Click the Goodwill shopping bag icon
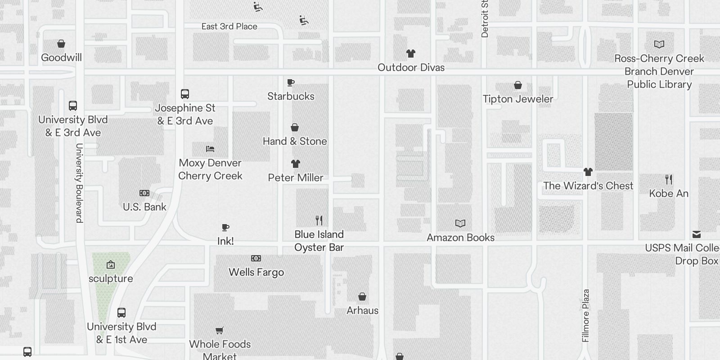61,44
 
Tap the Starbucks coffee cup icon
291,82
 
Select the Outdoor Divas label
411,67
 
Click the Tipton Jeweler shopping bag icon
518,85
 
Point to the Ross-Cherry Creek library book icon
659,44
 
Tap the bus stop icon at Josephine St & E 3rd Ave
185,94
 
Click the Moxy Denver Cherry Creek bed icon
210,149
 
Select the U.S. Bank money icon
144,193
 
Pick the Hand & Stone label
295,141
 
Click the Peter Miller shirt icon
295,164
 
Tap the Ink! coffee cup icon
225,227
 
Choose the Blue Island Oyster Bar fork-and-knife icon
319,220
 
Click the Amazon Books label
460,238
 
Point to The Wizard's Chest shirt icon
588,172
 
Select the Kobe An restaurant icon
669,180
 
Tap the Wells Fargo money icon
256,258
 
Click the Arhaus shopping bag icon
362,297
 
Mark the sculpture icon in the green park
111,265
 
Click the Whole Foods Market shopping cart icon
220,331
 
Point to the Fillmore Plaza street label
585,315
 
